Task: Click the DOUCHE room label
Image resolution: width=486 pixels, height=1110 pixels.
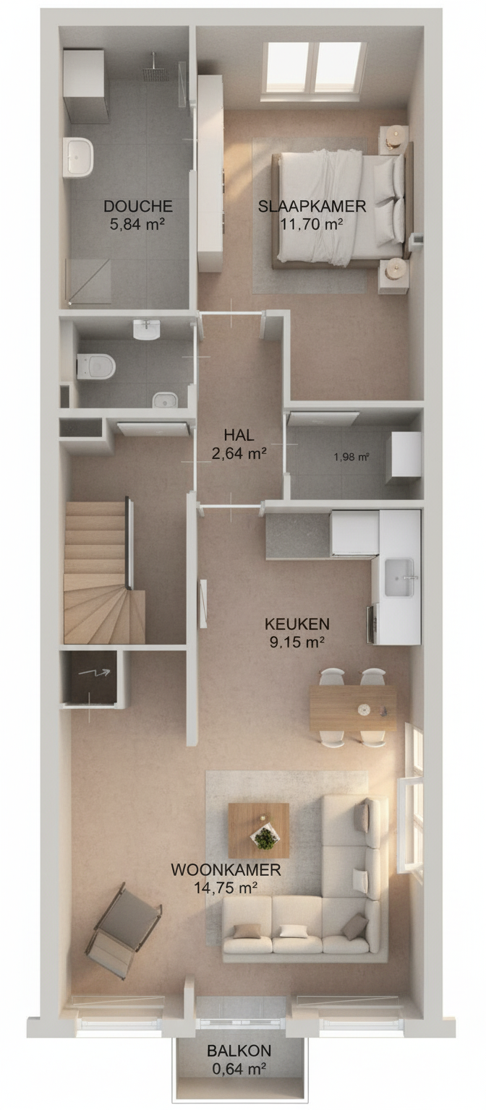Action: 138,206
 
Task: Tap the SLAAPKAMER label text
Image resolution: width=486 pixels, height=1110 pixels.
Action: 312,206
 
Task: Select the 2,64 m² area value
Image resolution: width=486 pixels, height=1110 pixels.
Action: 239,453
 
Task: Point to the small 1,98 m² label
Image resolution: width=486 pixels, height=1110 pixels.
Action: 351,457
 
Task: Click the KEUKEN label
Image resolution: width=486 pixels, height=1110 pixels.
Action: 297,624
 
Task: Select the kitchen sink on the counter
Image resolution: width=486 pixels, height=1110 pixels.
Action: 399,578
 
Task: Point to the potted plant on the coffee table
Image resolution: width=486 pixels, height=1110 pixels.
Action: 264,839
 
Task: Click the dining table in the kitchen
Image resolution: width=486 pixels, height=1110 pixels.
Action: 353,709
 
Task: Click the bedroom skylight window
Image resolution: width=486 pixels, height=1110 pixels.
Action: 314,67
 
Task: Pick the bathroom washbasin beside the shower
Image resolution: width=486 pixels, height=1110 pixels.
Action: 78,157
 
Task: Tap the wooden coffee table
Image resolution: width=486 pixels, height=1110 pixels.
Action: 258,830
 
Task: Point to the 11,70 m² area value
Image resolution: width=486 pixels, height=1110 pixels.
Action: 312,224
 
